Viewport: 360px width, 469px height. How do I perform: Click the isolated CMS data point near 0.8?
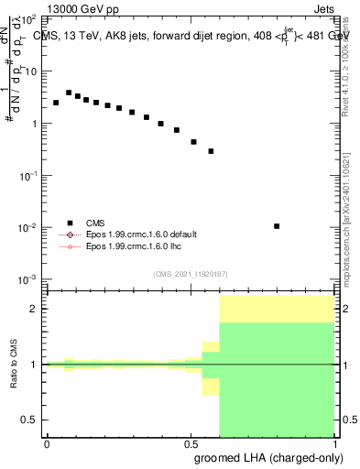click(x=277, y=226)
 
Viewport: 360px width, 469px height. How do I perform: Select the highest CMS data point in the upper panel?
click(x=69, y=93)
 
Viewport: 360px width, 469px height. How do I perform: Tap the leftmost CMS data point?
click(x=56, y=103)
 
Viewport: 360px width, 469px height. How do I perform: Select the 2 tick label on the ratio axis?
click(x=34, y=309)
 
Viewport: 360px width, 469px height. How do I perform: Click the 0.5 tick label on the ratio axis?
click(x=30, y=420)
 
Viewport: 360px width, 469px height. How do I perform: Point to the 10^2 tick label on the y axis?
click(x=30, y=18)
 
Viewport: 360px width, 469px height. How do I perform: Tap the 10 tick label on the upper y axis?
click(x=31, y=71)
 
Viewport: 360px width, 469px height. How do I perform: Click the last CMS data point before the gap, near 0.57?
click(x=211, y=151)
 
